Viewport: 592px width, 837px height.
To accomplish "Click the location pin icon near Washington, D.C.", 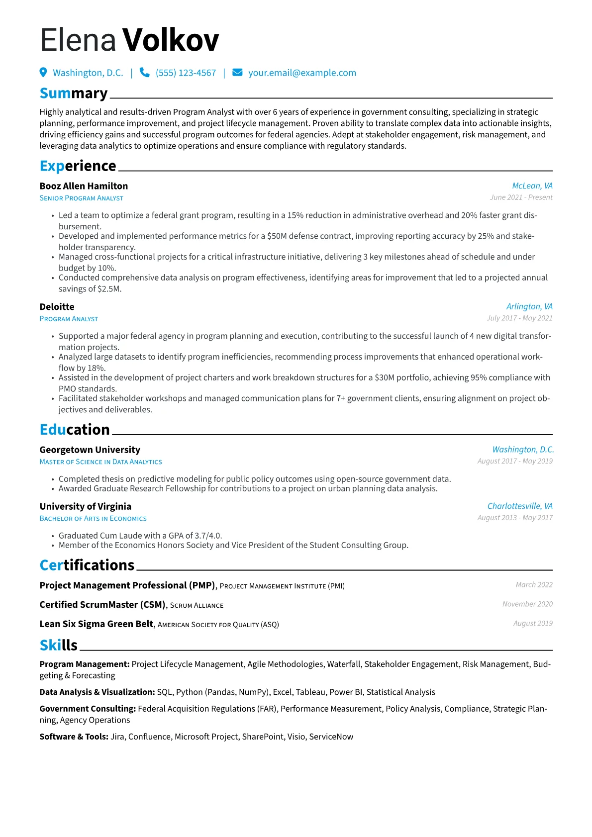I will [x=43, y=73].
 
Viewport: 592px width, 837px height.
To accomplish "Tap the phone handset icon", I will [x=144, y=73].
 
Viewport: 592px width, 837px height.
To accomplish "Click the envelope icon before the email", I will [x=238, y=73].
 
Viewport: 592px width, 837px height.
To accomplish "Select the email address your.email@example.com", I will [x=302, y=73].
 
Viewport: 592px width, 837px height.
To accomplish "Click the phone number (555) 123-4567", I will [x=186, y=73].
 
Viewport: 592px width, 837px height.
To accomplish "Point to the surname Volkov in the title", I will [x=171, y=40].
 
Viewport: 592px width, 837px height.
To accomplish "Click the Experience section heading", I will [x=78, y=166].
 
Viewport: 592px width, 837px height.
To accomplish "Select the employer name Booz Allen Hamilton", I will [x=84, y=186].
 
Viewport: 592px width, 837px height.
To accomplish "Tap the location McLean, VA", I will [x=532, y=186].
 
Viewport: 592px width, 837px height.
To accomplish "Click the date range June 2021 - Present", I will [x=521, y=197].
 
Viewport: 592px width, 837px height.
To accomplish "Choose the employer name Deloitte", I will [x=57, y=307].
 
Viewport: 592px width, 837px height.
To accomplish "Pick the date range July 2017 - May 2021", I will [x=519, y=318].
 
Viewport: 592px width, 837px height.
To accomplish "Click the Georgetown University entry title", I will [x=90, y=450].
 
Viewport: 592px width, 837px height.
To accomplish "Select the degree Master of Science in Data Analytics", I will [x=100, y=462].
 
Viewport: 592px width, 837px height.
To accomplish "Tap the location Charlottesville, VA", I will [x=520, y=506].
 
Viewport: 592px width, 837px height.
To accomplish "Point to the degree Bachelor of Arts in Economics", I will [x=93, y=519].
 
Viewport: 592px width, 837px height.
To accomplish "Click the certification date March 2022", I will [x=534, y=585].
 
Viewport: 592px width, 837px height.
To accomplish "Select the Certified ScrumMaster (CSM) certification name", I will [x=102, y=605].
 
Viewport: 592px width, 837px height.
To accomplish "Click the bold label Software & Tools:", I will [x=74, y=737].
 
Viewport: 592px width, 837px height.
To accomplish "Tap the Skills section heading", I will [x=59, y=645].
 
